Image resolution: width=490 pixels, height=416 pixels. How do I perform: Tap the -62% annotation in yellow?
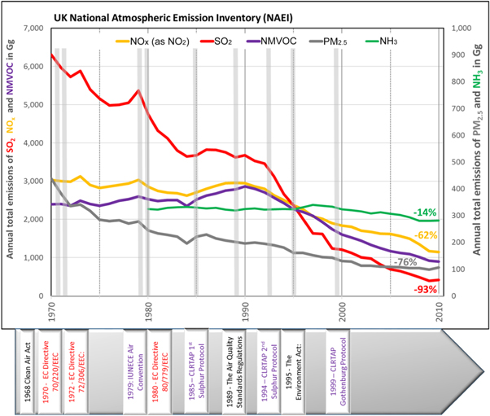[x=423, y=234]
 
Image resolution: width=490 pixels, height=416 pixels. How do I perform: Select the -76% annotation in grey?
[x=403, y=262]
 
